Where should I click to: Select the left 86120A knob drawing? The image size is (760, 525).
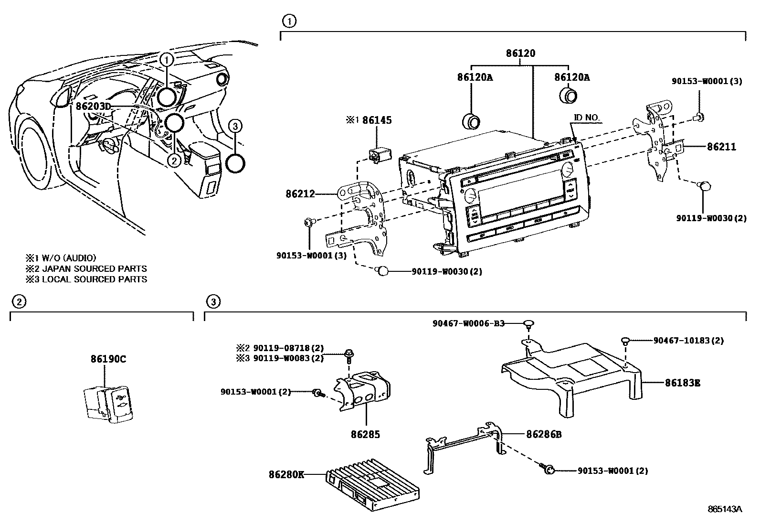point(472,121)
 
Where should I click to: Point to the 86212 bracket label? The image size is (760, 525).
point(300,194)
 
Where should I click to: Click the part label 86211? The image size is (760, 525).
point(721,147)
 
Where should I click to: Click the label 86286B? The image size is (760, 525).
point(543,434)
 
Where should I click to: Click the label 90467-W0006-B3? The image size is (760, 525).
point(468,323)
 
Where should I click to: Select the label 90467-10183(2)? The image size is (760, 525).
point(688,341)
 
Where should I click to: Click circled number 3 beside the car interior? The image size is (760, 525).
point(235,126)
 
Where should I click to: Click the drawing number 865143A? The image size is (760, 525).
point(725,509)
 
